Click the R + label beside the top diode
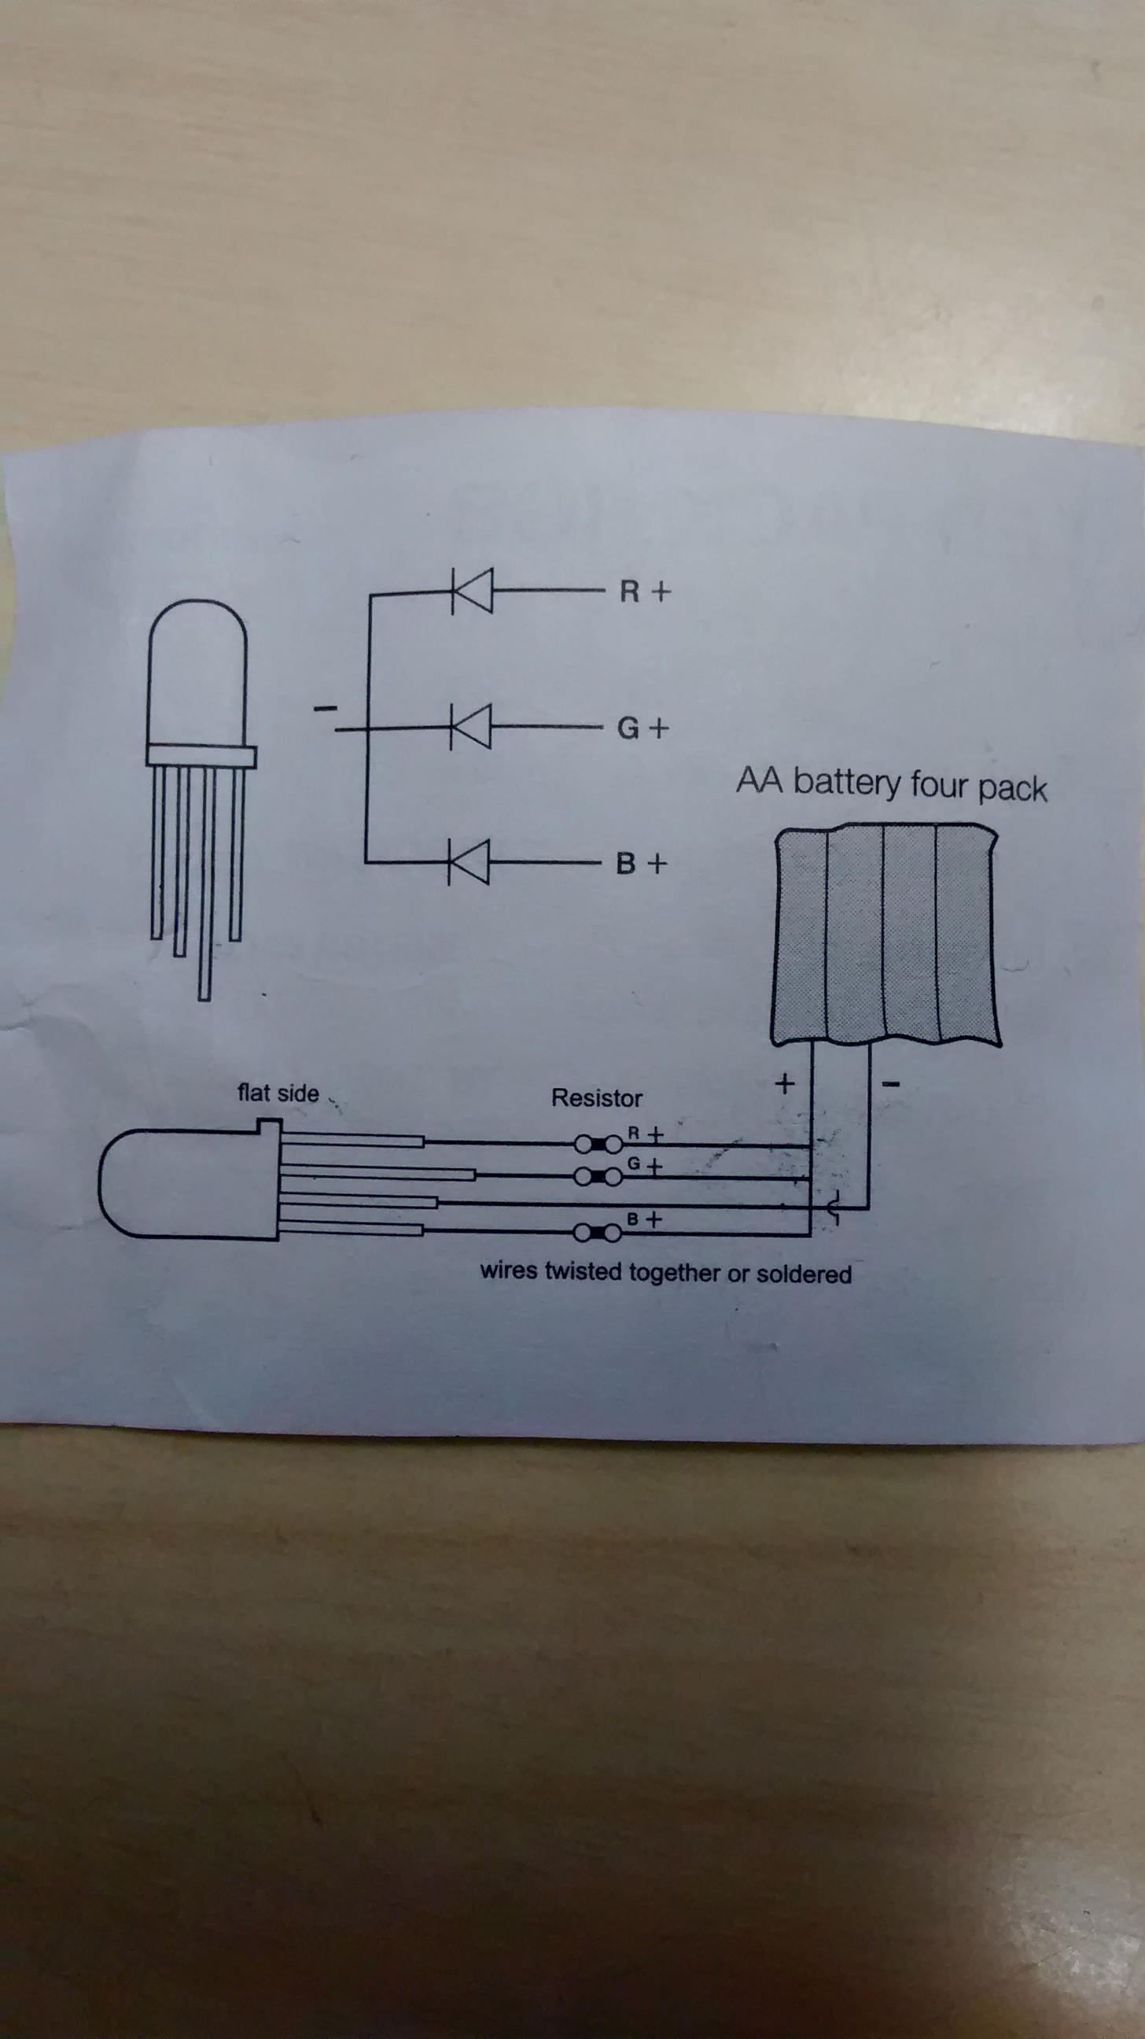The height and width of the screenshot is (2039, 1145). (x=645, y=592)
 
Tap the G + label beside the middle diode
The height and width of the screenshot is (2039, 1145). (x=642, y=728)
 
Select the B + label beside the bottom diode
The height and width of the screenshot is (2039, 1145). (x=641, y=863)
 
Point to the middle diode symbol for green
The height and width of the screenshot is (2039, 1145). (x=471, y=727)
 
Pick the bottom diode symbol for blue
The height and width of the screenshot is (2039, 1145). (x=469, y=862)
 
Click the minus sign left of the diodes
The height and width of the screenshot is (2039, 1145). (x=326, y=707)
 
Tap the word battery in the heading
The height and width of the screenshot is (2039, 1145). (x=847, y=783)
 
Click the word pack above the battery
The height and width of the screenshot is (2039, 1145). (x=1013, y=788)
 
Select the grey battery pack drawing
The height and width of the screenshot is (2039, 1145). (x=885, y=935)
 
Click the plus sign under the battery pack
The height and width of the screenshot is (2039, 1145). (x=784, y=1082)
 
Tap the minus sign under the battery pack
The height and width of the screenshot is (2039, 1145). (x=891, y=1084)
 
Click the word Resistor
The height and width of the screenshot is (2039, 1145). (x=597, y=1098)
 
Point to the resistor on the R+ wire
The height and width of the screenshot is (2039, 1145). (x=598, y=1144)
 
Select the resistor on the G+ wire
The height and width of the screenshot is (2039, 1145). (x=598, y=1177)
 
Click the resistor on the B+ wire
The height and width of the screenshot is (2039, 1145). (x=598, y=1233)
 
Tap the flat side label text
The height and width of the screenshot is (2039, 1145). (x=278, y=1093)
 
